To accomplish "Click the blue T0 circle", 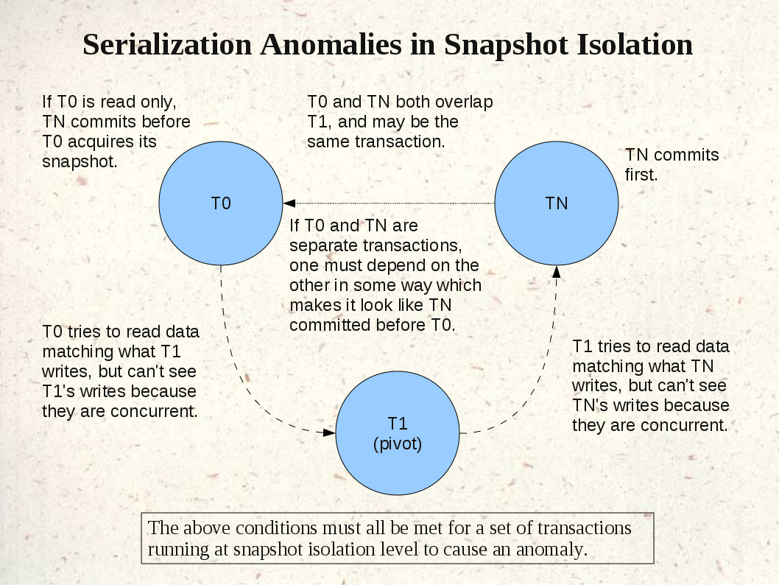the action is coord(221,203).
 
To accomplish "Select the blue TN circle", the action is coord(557,203).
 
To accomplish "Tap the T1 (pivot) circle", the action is coord(398,433).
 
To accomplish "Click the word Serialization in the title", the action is coord(167,44).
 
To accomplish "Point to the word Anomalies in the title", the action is coord(331,44).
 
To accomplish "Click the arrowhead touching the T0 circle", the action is coord(289,203).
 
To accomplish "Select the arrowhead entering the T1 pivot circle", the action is coord(329,432).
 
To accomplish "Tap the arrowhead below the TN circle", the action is coord(557,272).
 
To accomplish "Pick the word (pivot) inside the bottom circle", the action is coord(398,444).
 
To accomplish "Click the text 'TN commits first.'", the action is coord(672,164).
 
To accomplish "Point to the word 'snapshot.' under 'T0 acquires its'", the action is coord(80,161).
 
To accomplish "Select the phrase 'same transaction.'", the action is coord(376,141).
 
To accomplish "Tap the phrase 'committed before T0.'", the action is coord(372,325).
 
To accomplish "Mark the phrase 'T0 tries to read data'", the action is coord(121,332).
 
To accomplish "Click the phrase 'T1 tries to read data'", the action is coord(651,346).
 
